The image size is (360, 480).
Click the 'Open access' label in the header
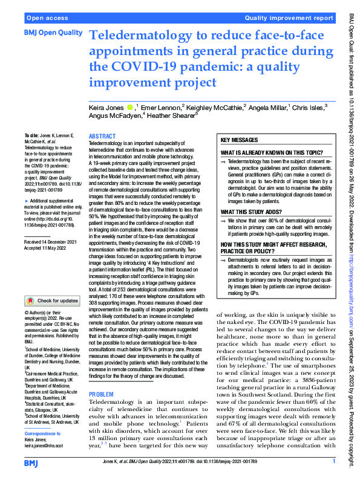pos(47,18)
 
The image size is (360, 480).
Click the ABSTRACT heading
pos(102,137)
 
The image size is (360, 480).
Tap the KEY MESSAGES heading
pos(241,140)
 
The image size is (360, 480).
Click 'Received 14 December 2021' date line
pos(51,241)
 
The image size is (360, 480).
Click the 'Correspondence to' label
pos(47,434)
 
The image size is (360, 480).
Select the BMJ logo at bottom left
pos(33,461)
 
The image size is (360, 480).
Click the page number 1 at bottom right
pos(333,462)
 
